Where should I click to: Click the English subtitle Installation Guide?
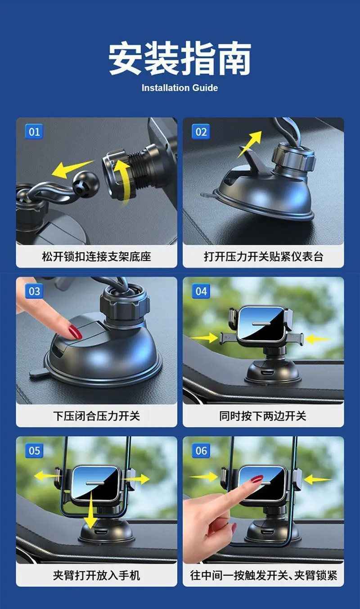point(180,88)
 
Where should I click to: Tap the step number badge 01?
point(34,132)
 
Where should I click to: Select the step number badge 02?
point(201,132)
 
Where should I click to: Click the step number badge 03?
point(34,291)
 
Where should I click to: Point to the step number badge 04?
point(201,291)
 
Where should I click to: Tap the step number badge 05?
point(34,451)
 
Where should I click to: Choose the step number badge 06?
point(201,451)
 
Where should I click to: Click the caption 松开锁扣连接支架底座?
point(96,256)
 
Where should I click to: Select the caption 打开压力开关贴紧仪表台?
point(263,256)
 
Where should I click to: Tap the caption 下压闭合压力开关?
point(96,416)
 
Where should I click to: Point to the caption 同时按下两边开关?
point(263,416)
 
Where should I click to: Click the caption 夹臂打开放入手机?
point(96,575)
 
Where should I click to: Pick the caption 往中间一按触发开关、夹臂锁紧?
point(263,575)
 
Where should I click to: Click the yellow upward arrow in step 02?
point(249,144)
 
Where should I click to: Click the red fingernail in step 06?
point(257,479)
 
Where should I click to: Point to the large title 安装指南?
point(180,58)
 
